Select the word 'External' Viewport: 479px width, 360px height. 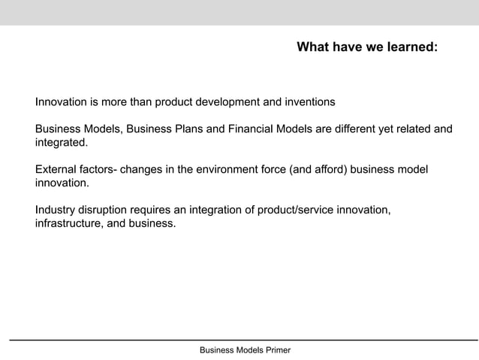pos(56,171)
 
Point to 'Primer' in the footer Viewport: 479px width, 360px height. pos(274,350)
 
